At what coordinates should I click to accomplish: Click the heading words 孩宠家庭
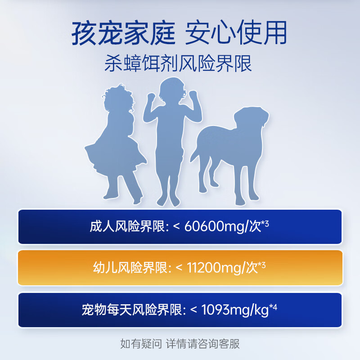pyautogui.click(x=123, y=33)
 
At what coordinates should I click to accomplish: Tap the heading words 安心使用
pyautogui.click(x=236, y=33)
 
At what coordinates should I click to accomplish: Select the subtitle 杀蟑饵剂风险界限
pyautogui.click(x=178, y=63)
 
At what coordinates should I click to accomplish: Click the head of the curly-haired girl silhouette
pyautogui.click(x=118, y=99)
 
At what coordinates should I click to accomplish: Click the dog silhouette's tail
pyautogui.click(x=195, y=153)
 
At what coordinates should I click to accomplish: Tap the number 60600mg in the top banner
pyautogui.click(x=214, y=227)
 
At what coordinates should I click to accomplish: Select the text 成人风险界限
pyautogui.click(x=127, y=226)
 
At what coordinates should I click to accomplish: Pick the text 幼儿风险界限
pyautogui.click(x=130, y=268)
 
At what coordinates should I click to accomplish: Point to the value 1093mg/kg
pyautogui.click(x=235, y=310)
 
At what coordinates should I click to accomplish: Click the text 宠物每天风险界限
pyautogui.click(x=132, y=310)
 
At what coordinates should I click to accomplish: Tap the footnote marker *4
pyautogui.click(x=273, y=307)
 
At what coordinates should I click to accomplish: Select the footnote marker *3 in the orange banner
pyautogui.click(x=262, y=265)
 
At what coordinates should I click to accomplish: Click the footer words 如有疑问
pyautogui.click(x=141, y=344)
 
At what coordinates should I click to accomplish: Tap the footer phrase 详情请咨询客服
pyautogui.click(x=202, y=344)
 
